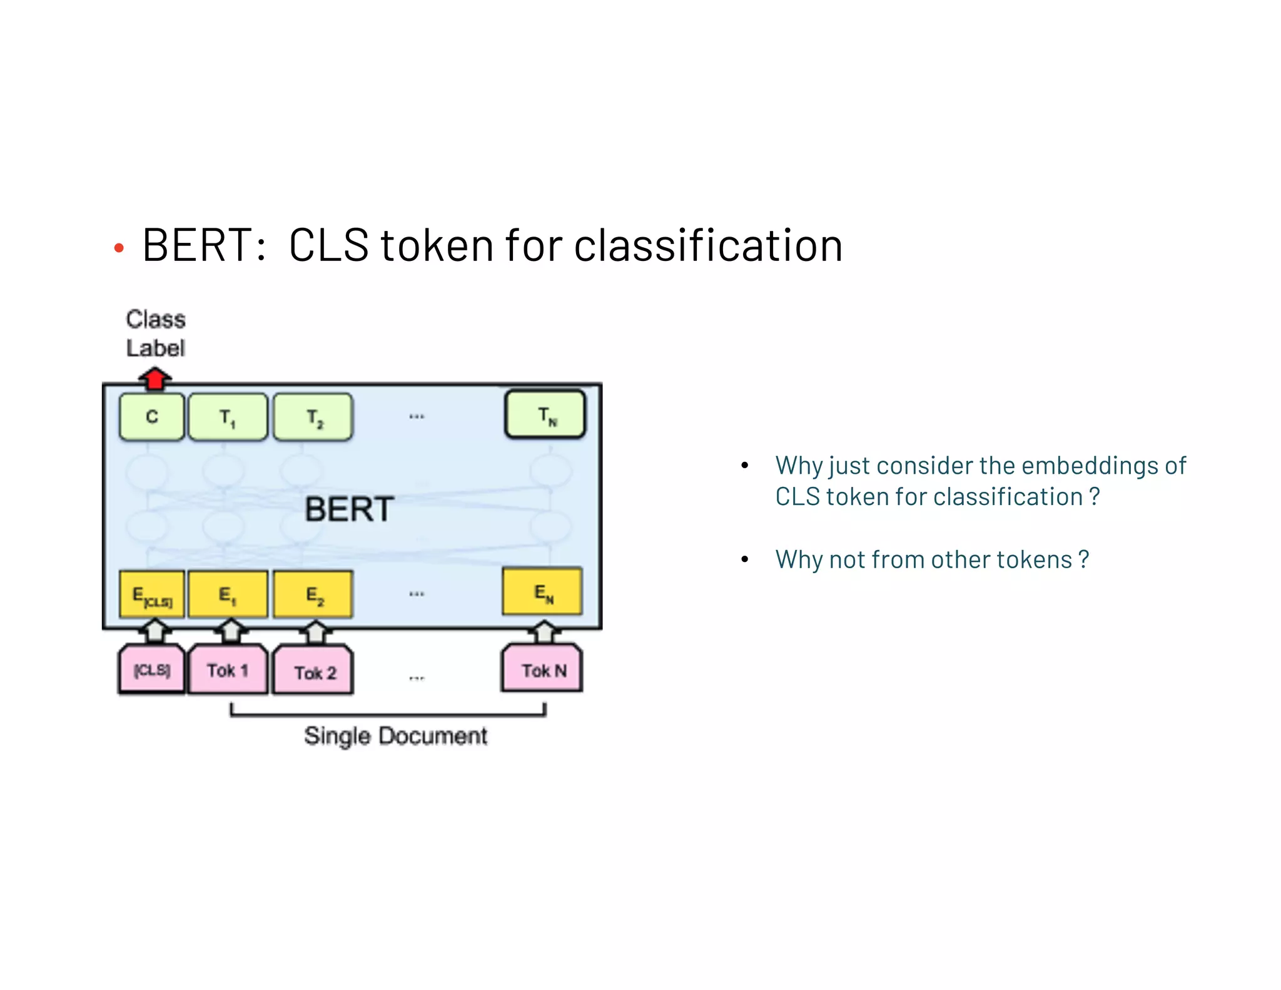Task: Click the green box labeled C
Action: tap(152, 417)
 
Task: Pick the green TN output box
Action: tap(545, 414)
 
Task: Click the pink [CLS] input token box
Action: tap(152, 670)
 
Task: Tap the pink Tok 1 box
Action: tap(228, 670)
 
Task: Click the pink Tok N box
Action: tap(542, 670)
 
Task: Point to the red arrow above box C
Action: tap(154, 378)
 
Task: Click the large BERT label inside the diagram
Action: tap(349, 509)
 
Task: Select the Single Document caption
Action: tap(395, 736)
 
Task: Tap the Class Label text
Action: tap(156, 334)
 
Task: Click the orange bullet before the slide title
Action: tap(119, 249)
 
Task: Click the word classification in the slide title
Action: tap(708, 245)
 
